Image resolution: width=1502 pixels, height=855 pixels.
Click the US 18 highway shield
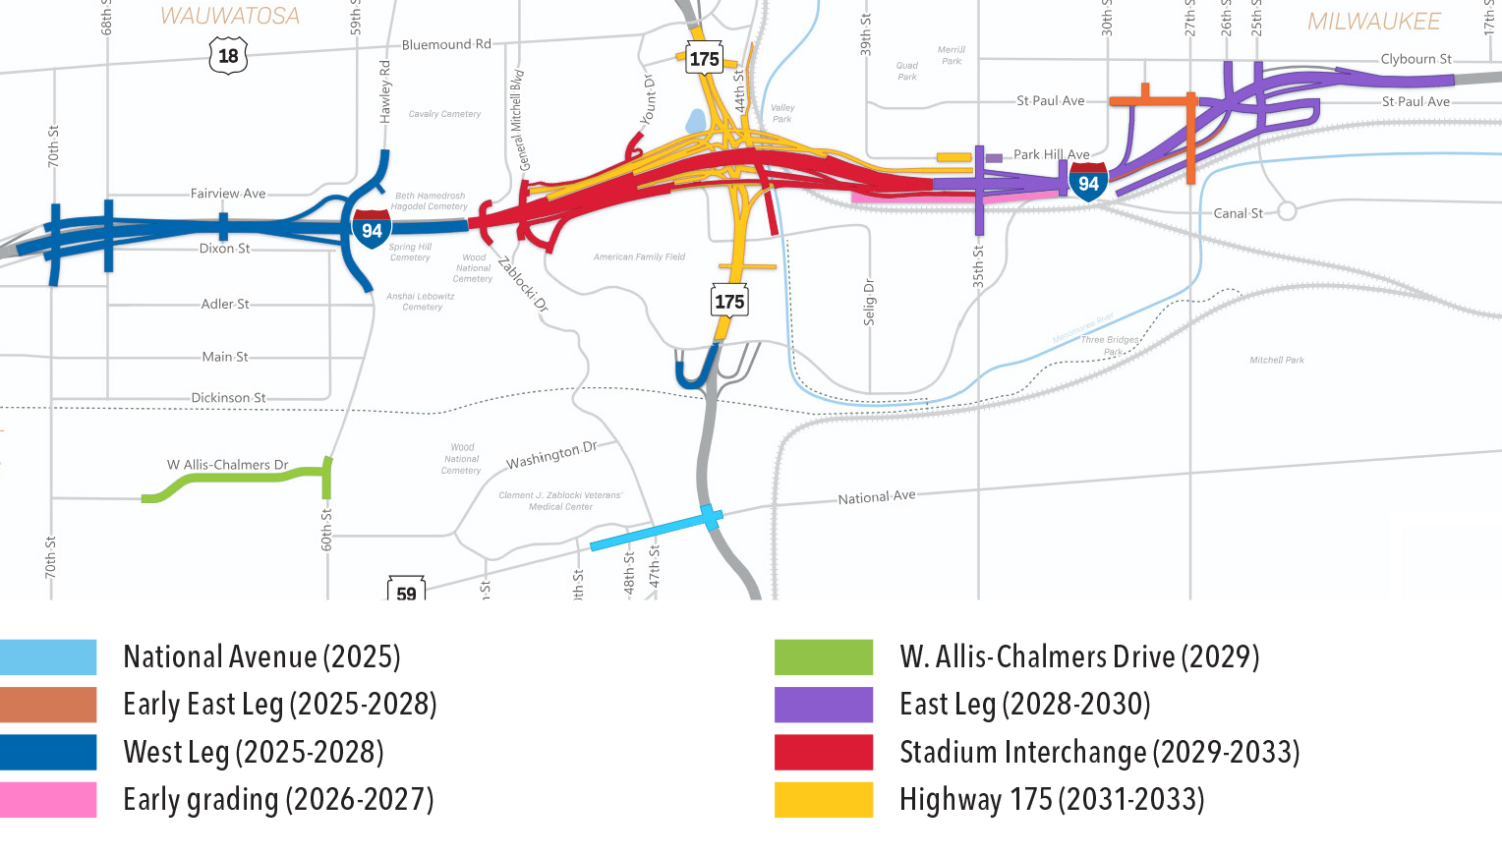point(228,56)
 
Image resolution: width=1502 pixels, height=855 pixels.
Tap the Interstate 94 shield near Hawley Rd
point(372,229)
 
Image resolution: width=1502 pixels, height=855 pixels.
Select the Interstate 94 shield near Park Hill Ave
point(1088,182)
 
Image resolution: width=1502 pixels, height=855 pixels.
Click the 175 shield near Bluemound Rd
point(704,59)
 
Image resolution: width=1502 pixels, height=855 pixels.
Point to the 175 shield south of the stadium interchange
point(729,301)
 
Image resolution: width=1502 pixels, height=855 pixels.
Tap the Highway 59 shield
point(406,591)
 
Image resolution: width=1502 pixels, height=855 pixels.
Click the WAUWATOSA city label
point(230,16)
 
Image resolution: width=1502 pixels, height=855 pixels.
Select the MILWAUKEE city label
point(1373,21)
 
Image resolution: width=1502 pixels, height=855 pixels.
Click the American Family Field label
point(639,256)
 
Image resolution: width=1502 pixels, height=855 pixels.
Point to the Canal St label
point(1237,213)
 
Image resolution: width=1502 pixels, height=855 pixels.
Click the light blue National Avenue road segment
point(649,532)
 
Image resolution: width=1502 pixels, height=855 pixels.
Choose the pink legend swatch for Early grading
point(48,799)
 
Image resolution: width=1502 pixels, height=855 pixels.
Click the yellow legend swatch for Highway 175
point(823,799)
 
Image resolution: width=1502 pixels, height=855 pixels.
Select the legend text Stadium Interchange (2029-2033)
point(1099,752)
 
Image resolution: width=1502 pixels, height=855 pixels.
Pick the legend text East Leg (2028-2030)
point(1024,704)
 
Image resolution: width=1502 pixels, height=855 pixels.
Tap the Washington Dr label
point(551,455)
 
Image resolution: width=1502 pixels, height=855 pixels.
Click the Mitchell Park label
point(1276,360)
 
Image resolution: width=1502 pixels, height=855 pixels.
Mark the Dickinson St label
point(228,398)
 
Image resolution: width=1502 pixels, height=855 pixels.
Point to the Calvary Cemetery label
point(444,114)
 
